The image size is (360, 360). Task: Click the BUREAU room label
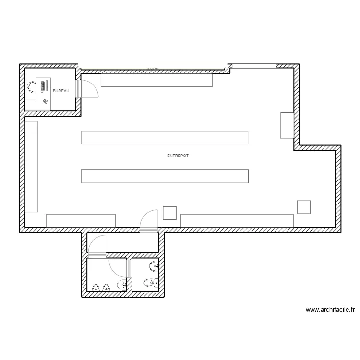[61, 91]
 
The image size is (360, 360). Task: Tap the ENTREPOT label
[178, 156]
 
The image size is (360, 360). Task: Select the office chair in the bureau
[31, 87]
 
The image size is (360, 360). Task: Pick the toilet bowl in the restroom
[152, 283]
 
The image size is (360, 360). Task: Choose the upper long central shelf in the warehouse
[165, 137]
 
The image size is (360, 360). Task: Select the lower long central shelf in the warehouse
[165, 176]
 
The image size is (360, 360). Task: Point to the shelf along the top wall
[156, 80]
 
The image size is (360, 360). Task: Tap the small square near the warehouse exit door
[170, 213]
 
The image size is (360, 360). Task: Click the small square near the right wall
[304, 206]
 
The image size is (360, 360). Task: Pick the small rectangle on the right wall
[287, 125]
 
